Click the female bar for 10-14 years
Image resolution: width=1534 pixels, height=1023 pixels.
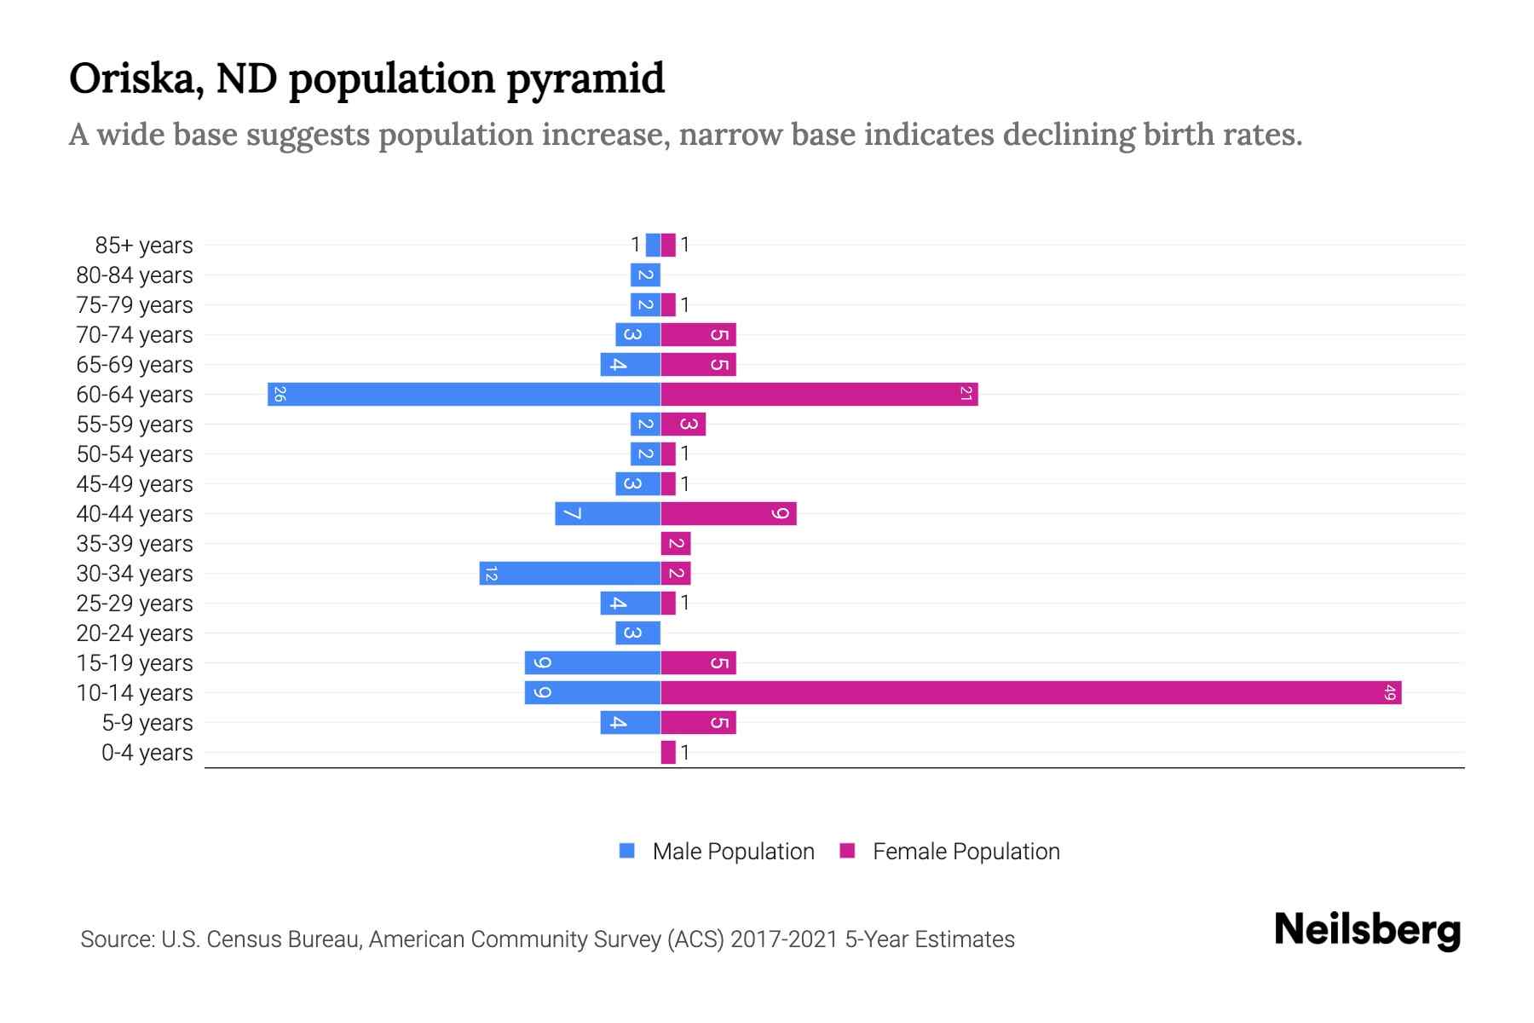(1030, 693)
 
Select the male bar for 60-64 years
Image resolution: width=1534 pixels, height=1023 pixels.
(464, 395)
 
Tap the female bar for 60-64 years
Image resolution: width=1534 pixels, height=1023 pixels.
(819, 395)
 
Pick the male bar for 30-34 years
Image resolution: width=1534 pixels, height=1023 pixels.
(569, 574)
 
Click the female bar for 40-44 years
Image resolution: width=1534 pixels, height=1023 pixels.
(728, 514)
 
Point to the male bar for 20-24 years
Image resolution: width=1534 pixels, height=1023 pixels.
(637, 633)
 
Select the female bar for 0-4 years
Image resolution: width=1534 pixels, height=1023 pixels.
(668, 753)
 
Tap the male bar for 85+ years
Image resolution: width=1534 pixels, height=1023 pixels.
(653, 246)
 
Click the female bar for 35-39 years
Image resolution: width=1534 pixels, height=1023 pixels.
(675, 544)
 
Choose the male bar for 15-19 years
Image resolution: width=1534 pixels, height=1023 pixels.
(592, 663)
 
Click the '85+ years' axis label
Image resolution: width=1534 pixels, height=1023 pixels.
(144, 246)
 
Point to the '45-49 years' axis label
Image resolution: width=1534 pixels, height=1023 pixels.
(135, 484)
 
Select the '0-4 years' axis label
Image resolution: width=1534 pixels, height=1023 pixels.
(147, 753)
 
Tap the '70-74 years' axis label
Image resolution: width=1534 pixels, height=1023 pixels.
(135, 335)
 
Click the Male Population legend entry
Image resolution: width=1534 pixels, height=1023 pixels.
(717, 852)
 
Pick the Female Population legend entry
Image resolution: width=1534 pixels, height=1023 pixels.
(949, 852)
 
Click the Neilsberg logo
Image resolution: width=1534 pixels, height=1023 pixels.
(1367, 930)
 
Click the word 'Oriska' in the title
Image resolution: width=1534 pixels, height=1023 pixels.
(135, 79)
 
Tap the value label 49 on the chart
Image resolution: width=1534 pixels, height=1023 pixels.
(1390, 693)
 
